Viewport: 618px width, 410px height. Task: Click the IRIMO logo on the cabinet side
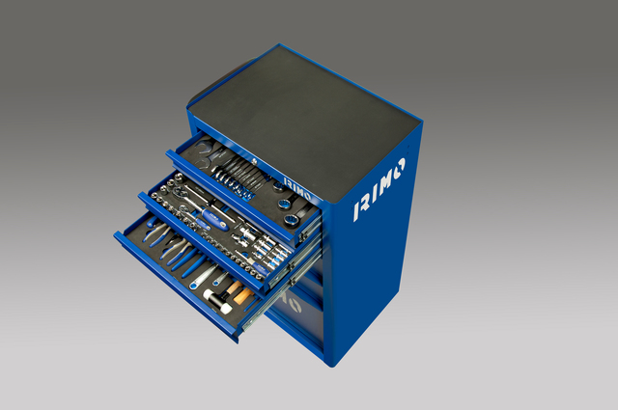(379, 189)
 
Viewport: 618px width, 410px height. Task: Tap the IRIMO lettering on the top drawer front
(296, 189)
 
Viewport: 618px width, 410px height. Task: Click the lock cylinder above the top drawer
(254, 161)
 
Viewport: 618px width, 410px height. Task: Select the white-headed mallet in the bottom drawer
(217, 301)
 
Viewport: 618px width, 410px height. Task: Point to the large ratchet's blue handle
(214, 219)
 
